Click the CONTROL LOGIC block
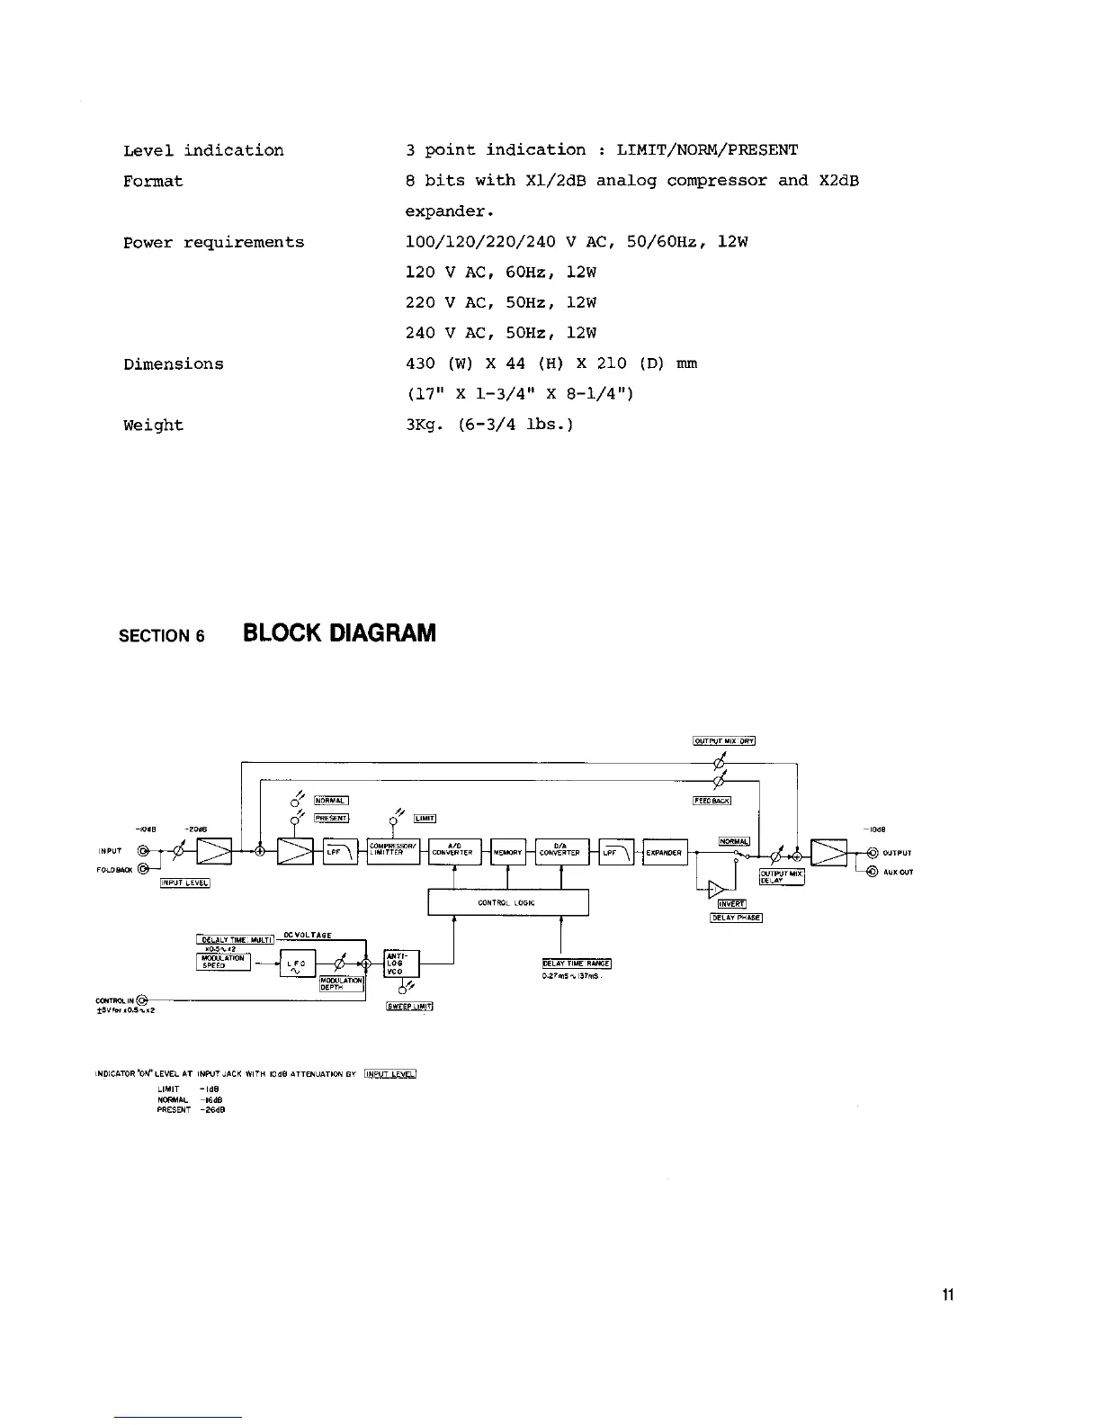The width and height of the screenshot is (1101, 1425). point(507,902)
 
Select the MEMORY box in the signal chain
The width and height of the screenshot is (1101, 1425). point(508,853)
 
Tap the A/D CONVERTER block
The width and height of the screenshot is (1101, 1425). point(454,852)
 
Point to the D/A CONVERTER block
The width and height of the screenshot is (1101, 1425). point(561,852)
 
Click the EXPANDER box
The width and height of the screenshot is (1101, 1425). point(665,853)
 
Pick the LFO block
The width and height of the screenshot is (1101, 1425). point(298,964)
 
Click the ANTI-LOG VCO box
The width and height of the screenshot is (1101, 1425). point(401,964)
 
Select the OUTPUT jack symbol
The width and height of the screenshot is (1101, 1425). point(872,854)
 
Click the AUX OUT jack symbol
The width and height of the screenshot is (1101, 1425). point(872,872)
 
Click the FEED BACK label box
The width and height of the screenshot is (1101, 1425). point(712,801)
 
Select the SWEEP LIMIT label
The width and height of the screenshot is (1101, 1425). point(409,1006)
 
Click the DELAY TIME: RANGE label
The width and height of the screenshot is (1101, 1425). point(577,963)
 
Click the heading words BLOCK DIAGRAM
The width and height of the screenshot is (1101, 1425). point(339,634)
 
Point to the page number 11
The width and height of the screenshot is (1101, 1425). point(947,1295)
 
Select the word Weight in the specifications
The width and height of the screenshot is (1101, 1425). point(153,426)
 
